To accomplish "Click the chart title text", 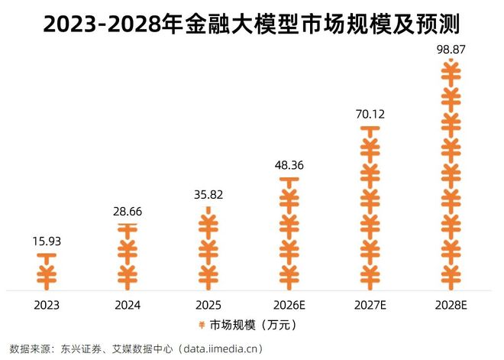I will [252, 24].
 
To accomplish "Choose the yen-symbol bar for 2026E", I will [289, 234].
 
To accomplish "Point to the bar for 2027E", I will [370, 208].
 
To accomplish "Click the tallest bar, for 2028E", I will [451, 174].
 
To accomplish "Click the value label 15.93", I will [47, 242].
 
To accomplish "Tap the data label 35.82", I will [208, 194].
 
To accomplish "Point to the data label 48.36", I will [289, 164].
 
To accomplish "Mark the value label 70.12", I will [370, 114].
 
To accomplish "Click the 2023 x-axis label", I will [47, 305].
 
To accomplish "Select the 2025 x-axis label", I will [208, 305].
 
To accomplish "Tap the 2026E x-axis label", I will [289, 305].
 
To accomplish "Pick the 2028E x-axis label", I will [451, 305].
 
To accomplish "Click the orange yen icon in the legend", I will [202, 324].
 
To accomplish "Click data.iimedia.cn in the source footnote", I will [221, 349].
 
